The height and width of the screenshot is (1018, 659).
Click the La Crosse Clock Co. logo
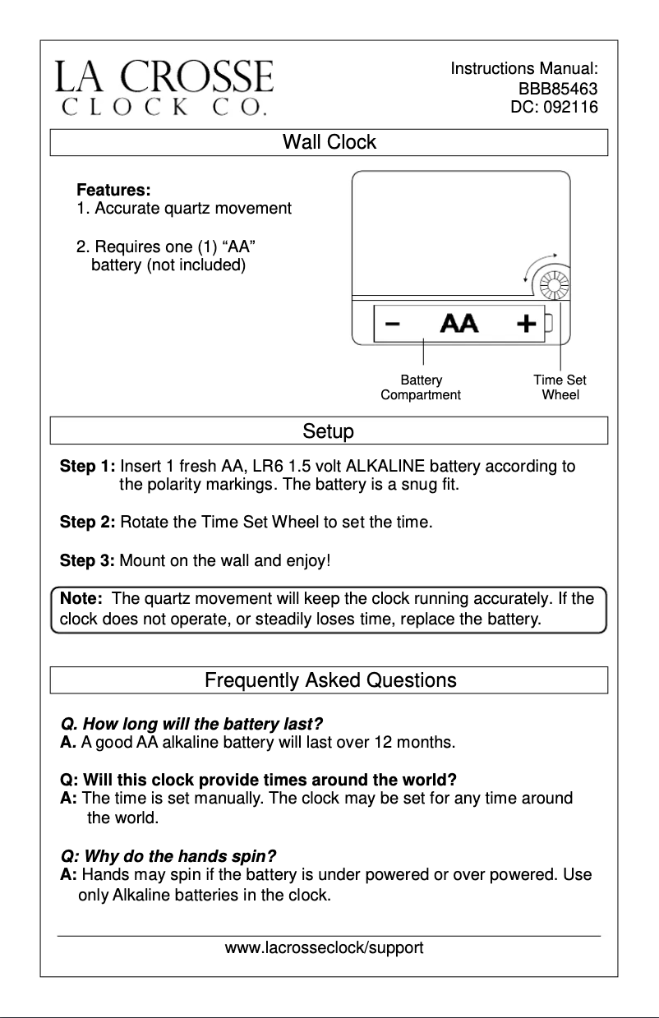coord(164,86)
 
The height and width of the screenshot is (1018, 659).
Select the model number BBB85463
coord(557,89)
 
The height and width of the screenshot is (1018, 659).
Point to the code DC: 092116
coord(554,107)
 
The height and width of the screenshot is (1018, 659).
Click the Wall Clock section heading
coord(329,142)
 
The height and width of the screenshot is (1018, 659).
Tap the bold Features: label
coord(113,191)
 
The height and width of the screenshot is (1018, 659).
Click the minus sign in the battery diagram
coord(393,323)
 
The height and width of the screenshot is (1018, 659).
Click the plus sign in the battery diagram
coord(526,323)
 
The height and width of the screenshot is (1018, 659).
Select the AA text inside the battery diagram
coord(459,323)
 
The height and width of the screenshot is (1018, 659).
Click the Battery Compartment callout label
coord(421,387)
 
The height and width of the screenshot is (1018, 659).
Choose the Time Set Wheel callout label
coord(560,387)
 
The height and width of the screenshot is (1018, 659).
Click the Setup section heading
coord(329,431)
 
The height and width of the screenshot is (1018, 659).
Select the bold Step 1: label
coord(88,468)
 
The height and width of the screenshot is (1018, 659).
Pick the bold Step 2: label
coord(88,522)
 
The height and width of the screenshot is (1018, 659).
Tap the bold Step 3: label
coord(88,562)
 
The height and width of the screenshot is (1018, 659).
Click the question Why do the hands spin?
coord(168,855)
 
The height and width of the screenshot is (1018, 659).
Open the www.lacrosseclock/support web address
coord(325,948)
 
